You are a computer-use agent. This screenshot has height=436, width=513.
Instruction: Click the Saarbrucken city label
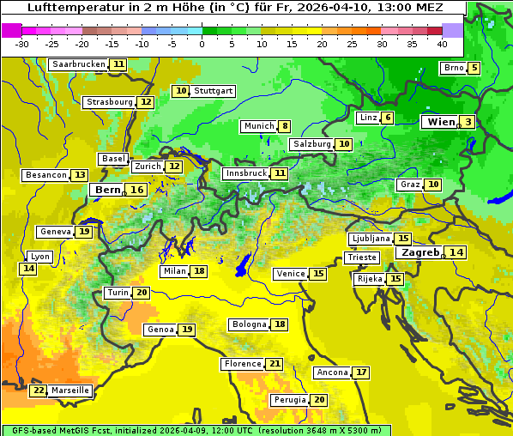(x=78, y=64)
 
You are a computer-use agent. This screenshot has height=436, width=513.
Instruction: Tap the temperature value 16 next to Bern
(x=136, y=190)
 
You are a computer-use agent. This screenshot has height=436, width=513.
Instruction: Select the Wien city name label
(x=440, y=122)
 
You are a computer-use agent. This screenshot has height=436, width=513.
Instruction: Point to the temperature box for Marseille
(x=38, y=391)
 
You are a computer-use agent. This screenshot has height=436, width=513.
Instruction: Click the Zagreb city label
(x=419, y=252)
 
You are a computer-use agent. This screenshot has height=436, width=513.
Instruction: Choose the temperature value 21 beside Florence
(x=275, y=364)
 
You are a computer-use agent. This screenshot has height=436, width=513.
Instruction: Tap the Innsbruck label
(x=245, y=173)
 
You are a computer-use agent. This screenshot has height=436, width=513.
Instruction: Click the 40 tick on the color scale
(x=442, y=44)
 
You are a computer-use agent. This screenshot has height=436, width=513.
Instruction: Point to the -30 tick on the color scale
(x=22, y=44)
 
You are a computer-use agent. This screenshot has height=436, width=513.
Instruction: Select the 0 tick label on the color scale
(x=202, y=44)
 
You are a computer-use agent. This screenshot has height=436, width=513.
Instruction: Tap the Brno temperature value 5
(x=474, y=69)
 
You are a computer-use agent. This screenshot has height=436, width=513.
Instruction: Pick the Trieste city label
(x=361, y=257)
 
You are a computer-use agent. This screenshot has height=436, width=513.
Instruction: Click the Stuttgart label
(x=213, y=91)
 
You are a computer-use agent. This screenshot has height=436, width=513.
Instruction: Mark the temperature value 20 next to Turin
(x=142, y=293)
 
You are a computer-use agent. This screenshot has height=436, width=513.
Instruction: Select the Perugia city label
(x=288, y=400)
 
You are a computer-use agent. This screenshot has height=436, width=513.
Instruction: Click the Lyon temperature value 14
(x=29, y=269)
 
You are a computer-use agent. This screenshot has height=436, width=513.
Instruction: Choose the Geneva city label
(x=56, y=232)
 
